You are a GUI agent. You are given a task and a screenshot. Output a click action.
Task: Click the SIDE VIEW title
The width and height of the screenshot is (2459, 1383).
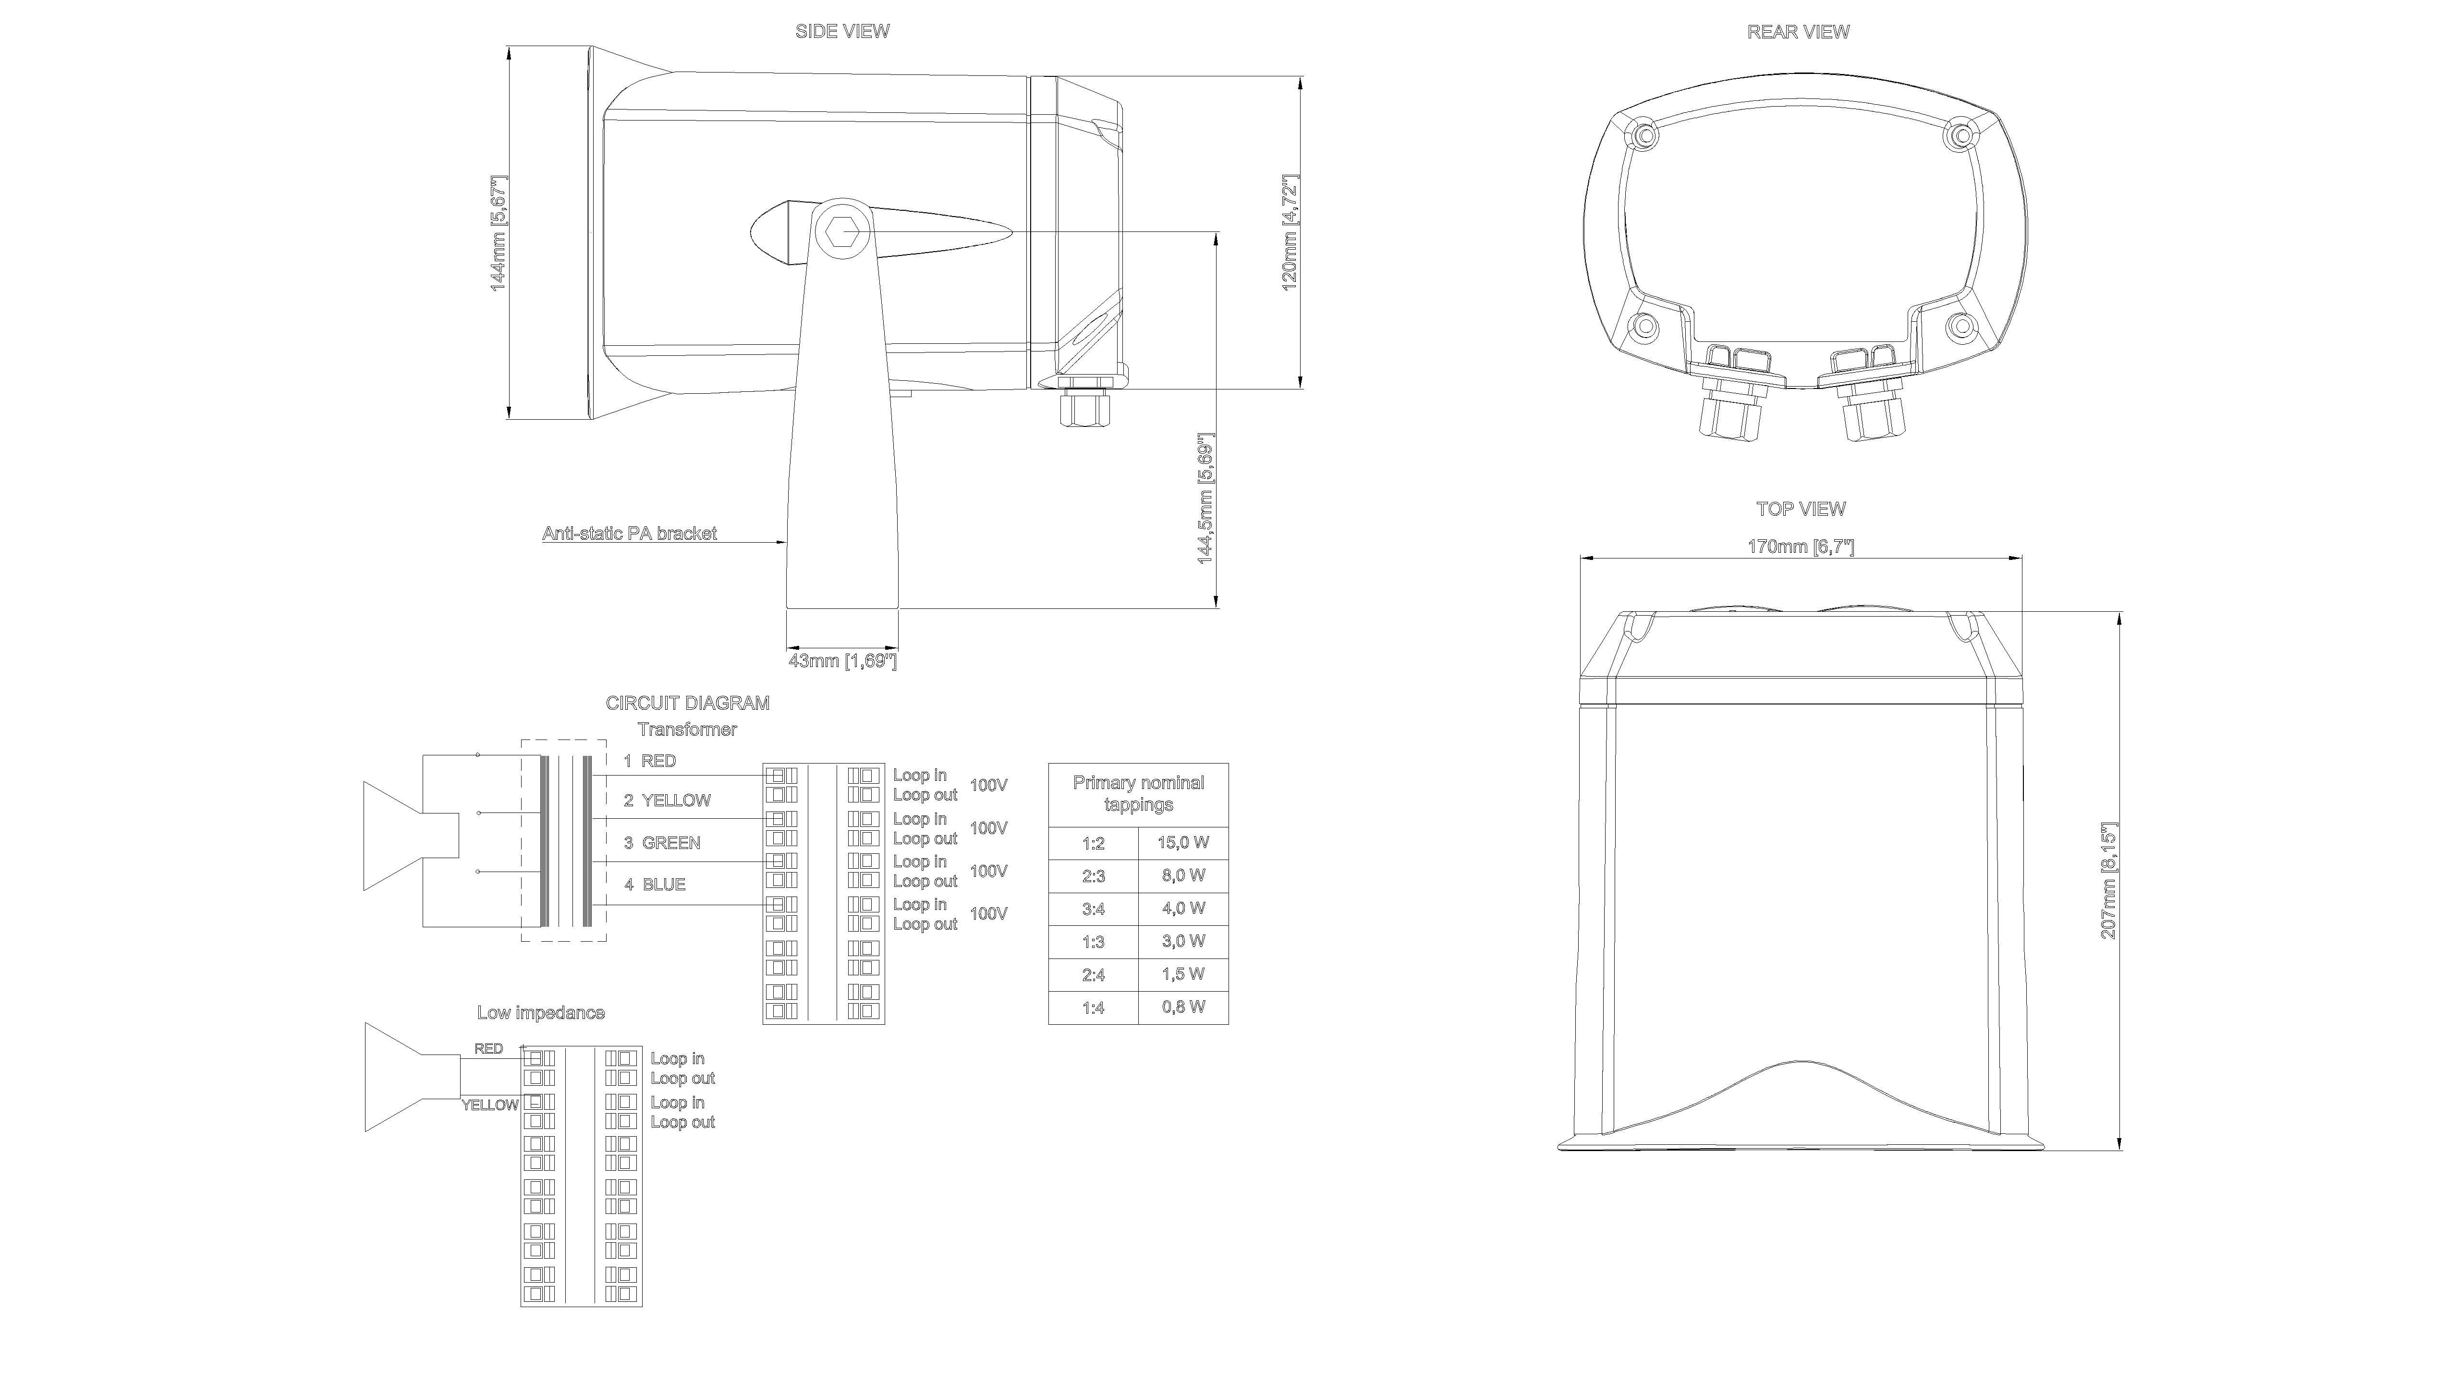[842, 32]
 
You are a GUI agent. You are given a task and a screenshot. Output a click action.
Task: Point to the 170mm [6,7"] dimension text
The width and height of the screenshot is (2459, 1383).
[1801, 547]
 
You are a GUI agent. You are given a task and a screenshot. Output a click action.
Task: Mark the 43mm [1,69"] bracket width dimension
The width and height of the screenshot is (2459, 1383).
[842, 660]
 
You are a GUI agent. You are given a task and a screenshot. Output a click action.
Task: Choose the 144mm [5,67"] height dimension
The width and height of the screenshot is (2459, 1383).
[499, 233]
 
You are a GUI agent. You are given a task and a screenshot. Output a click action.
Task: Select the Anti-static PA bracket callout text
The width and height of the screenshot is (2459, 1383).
[629, 534]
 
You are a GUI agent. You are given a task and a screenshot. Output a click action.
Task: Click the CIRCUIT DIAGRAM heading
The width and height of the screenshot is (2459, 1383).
[687, 704]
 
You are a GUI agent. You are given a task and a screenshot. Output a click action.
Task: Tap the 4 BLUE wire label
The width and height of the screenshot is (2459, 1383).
[655, 885]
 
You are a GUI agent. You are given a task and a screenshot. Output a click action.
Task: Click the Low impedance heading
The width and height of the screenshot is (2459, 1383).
[540, 1013]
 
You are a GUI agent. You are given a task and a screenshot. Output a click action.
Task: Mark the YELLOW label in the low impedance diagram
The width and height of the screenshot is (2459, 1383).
[490, 1105]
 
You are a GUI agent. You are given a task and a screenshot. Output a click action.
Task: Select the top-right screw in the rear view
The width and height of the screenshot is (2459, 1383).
[1958, 135]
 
